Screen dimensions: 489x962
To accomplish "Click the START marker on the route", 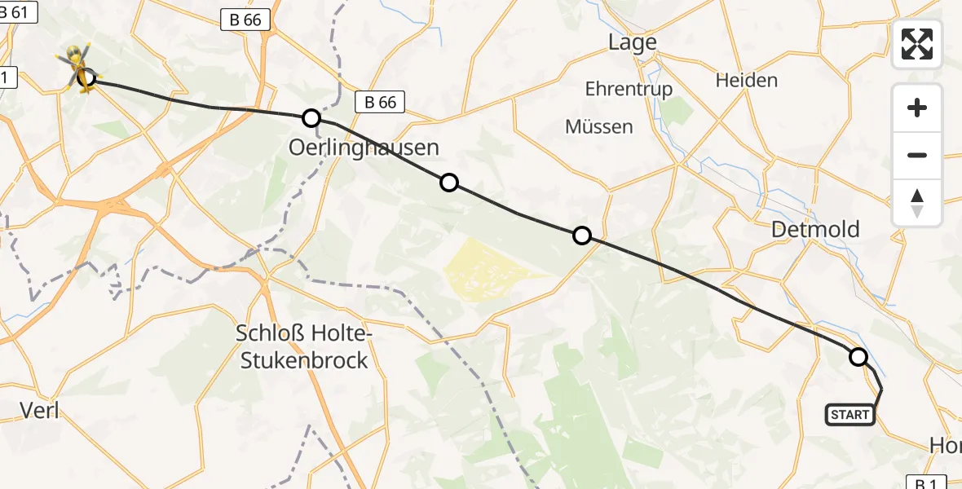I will [x=850, y=415].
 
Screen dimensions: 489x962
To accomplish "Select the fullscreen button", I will [x=917, y=44].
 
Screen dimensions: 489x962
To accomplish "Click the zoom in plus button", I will [x=917, y=108].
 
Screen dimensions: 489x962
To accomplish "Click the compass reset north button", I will [x=917, y=203].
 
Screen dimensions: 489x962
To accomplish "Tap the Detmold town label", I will [x=815, y=229].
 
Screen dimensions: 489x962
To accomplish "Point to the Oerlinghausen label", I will [x=364, y=148].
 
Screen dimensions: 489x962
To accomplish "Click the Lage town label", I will [x=633, y=42].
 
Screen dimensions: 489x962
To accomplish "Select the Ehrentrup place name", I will [x=629, y=89].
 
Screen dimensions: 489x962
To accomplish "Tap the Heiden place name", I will [x=746, y=80].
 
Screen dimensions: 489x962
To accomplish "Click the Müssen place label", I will [x=598, y=126].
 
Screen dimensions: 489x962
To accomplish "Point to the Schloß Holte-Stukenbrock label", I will [x=302, y=346].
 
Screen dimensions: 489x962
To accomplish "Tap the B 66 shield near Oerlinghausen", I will [x=380, y=102].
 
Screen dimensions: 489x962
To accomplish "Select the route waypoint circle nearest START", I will [x=858, y=356].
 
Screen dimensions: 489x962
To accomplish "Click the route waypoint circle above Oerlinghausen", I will [x=311, y=118].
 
